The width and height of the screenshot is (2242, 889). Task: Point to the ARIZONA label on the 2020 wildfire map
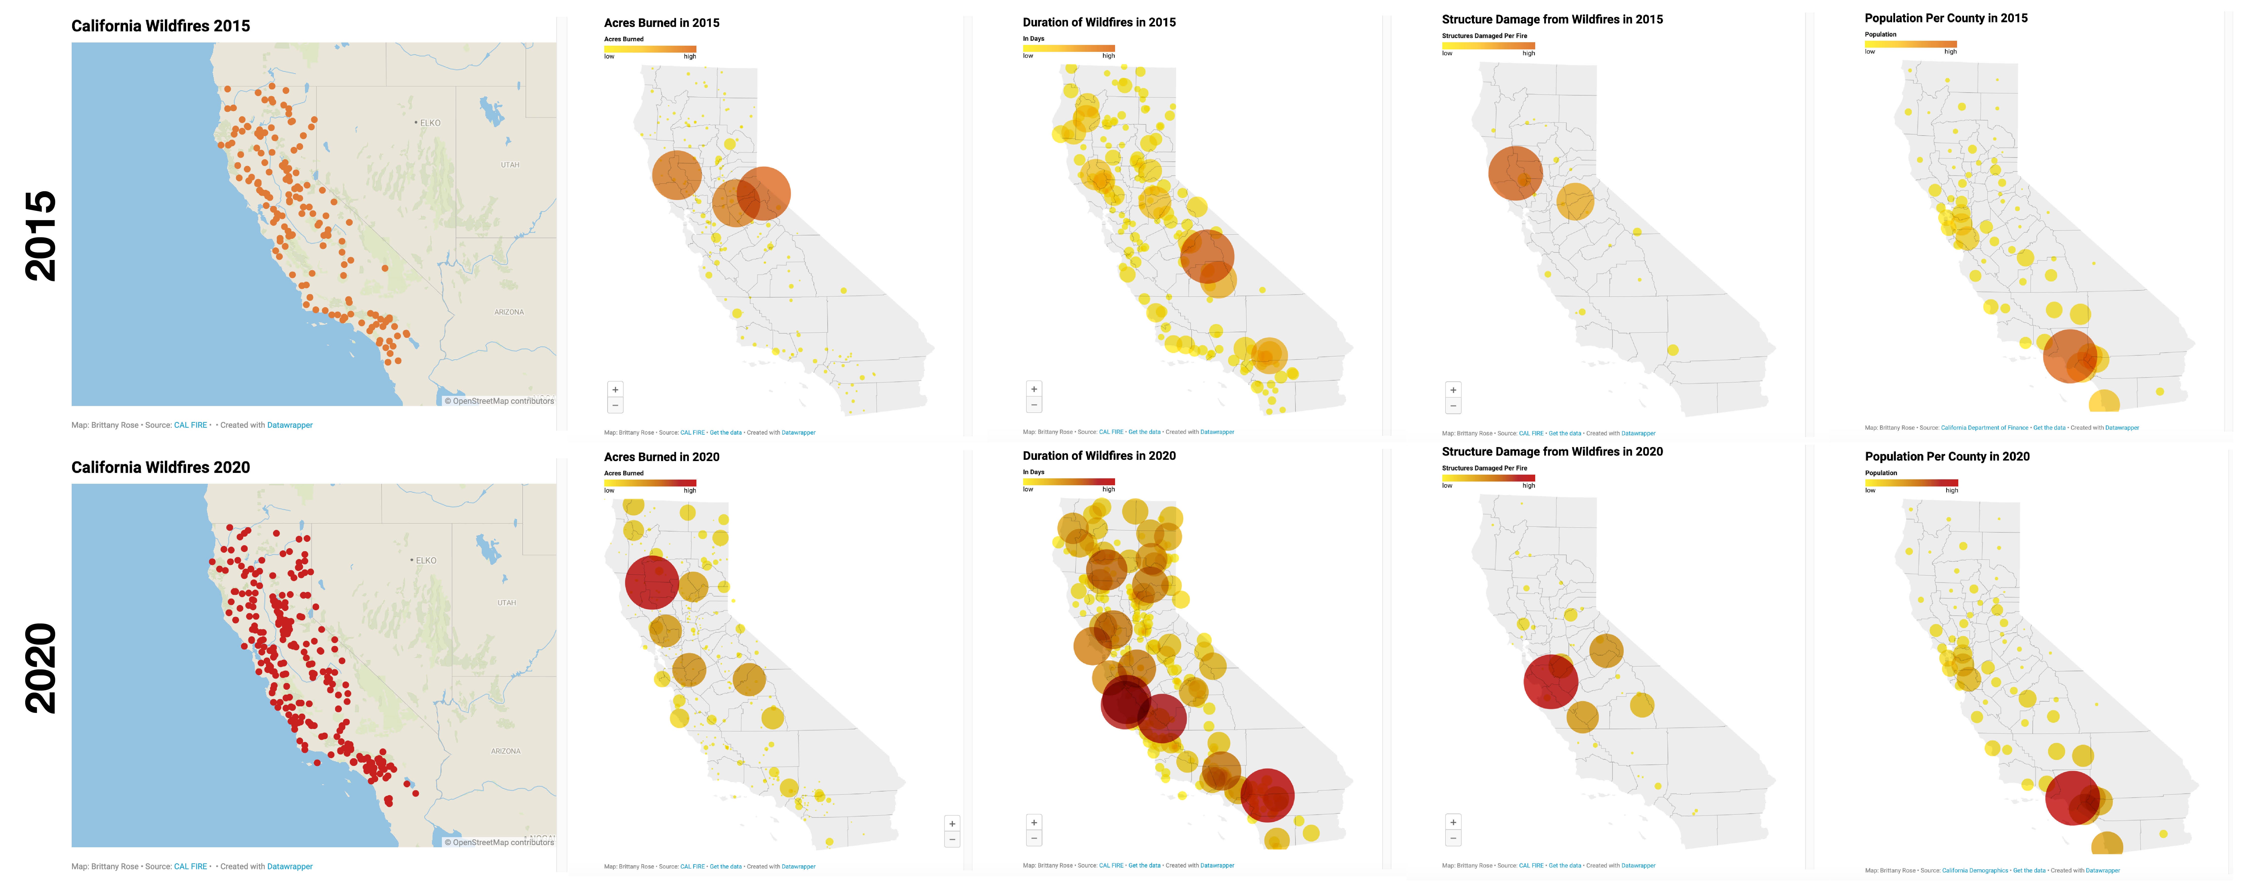pyautogui.click(x=506, y=751)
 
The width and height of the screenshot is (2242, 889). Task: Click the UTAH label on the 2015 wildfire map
pyautogui.click(x=510, y=164)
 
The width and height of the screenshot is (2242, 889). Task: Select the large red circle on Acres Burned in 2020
pyautogui.click(x=652, y=582)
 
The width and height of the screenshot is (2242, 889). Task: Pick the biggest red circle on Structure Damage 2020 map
pyautogui.click(x=1550, y=681)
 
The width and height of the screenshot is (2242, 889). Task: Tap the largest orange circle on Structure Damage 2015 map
pyautogui.click(x=1515, y=173)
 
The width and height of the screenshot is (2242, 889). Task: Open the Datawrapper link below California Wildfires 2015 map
pyautogui.click(x=290, y=425)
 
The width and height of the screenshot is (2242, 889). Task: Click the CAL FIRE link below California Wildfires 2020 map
pyautogui.click(x=191, y=866)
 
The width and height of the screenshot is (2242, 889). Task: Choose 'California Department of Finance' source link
pyautogui.click(x=1984, y=428)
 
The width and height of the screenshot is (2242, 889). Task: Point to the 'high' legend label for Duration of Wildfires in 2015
pyautogui.click(x=1108, y=56)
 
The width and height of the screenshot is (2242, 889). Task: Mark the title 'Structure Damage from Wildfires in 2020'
pyautogui.click(x=1552, y=451)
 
